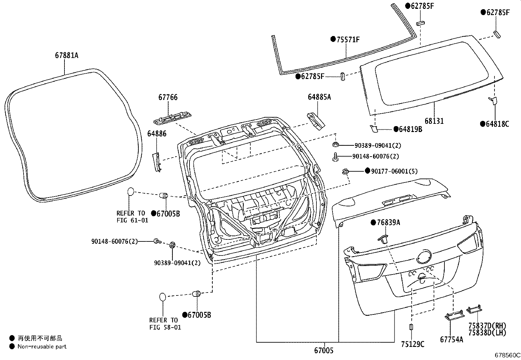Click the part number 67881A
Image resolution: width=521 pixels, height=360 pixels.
(66, 55)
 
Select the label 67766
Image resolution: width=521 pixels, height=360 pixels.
(168, 97)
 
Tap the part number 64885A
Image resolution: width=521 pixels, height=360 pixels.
(319, 97)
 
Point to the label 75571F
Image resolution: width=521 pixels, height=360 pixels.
(348, 40)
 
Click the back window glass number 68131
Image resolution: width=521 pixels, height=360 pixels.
(434, 121)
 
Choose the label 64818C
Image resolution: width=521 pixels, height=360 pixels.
(497, 124)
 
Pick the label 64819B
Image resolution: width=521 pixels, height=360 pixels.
(410, 129)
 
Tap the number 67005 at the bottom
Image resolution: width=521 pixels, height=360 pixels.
(324, 351)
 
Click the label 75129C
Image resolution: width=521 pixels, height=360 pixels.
(413, 344)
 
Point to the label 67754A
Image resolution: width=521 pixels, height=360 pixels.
(452, 340)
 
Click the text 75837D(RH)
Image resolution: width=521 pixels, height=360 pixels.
(487, 326)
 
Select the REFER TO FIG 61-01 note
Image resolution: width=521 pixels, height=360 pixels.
(132, 217)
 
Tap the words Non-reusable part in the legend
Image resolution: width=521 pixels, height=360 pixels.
(42, 347)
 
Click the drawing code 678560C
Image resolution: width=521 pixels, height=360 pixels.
(507, 355)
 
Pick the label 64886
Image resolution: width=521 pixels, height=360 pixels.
(157, 134)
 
